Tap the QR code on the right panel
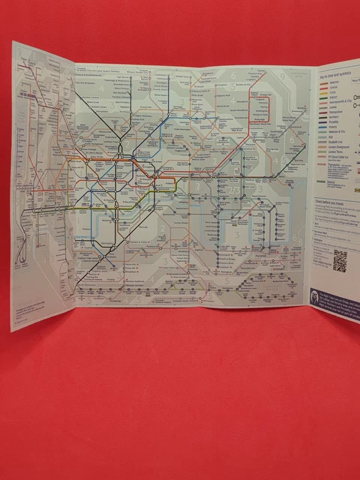340,260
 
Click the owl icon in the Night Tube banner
316,295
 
